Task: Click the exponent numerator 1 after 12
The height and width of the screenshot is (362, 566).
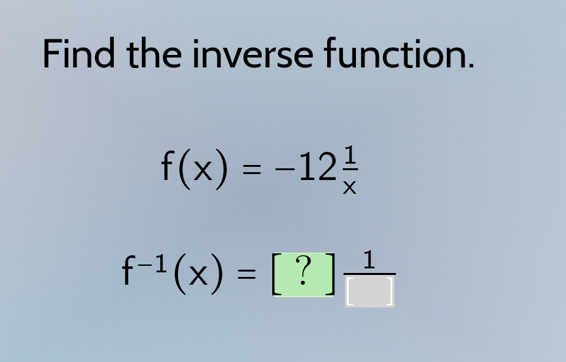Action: tap(350, 155)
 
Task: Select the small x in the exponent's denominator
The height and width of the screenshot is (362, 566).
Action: tap(350, 188)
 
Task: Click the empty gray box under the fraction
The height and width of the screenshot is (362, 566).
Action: tap(370, 292)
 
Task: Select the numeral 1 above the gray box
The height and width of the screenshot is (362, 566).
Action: tap(369, 260)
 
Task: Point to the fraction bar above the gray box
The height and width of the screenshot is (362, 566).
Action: tap(370, 274)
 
